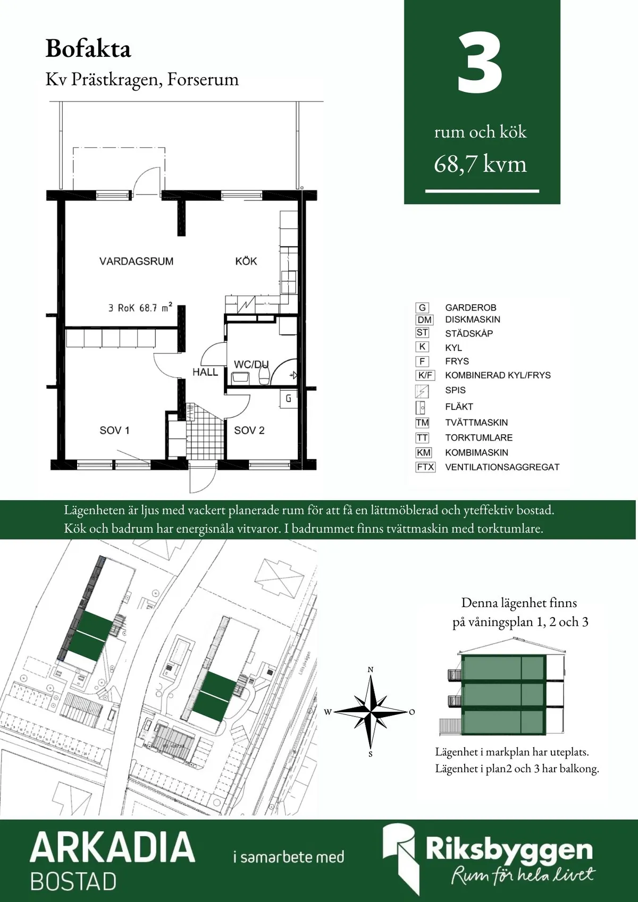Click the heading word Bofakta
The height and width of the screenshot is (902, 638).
[88, 49]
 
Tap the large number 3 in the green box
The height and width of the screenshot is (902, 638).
[480, 64]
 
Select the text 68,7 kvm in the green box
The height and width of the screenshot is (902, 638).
[480, 164]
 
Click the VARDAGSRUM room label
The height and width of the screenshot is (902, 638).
[137, 261]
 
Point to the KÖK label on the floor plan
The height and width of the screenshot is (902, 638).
[246, 261]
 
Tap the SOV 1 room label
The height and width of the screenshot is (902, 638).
[114, 430]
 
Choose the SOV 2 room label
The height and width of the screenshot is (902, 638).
[249, 430]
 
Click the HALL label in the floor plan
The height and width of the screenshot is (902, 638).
[205, 372]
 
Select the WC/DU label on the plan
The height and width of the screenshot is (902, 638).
[251, 364]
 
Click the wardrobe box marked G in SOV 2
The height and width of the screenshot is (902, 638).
[288, 398]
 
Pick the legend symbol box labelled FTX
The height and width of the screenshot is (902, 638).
[425, 467]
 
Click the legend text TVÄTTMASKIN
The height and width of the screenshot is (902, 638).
[476, 423]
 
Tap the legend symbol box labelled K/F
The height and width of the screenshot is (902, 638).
[425, 375]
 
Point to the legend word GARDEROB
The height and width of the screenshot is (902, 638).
[471, 308]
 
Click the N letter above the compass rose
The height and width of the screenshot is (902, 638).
[371, 669]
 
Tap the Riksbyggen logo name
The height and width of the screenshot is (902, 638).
[509, 849]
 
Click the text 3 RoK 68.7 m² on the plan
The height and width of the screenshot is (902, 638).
[140, 308]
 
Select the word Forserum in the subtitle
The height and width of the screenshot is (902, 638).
[203, 79]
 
